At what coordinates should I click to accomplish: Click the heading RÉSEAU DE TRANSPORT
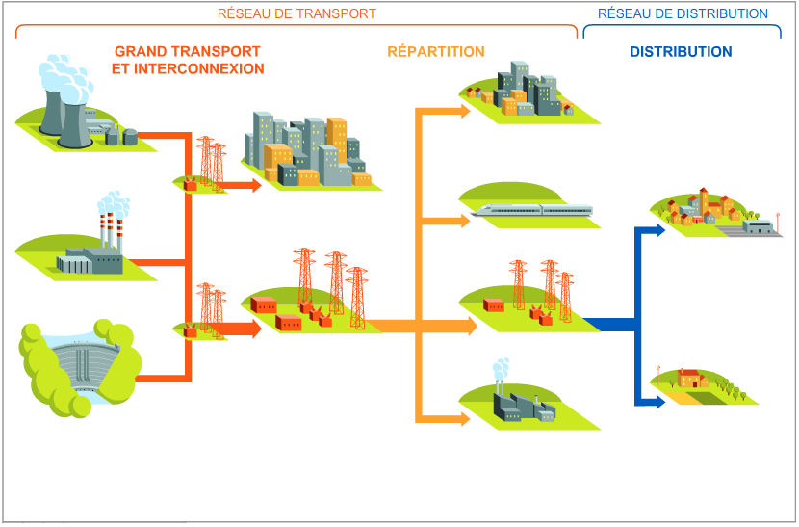coord(296,13)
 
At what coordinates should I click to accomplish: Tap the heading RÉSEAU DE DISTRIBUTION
coord(683,13)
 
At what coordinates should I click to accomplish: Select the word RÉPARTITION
coord(436,51)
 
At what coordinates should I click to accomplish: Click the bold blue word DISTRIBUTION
coord(681,51)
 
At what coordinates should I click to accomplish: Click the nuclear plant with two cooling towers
coord(84,105)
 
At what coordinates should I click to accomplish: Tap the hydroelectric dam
coord(80,368)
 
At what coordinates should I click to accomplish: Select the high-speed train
coord(532,210)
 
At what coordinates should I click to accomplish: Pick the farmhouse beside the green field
coord(693,379)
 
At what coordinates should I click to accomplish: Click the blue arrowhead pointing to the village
coord(659,230)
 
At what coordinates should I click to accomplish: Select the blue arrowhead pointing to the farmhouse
coord(659,402)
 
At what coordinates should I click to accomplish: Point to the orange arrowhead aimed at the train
coord(465,221)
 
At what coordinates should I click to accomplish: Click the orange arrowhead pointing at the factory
coord(465,419)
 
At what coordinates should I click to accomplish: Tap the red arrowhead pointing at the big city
coord(256,185)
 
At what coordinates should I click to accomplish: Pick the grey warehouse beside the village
coord(759,226)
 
